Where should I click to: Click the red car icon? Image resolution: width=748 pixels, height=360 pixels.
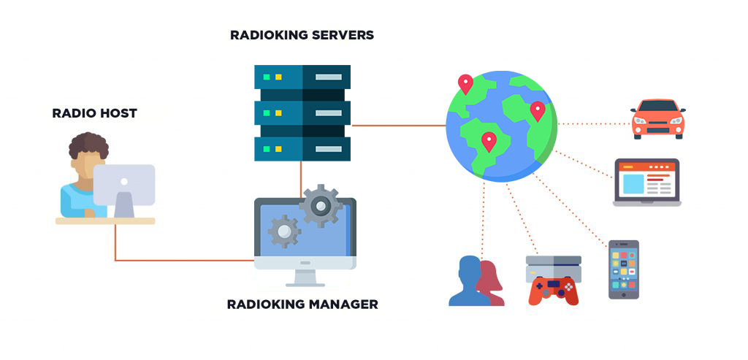(657, 119)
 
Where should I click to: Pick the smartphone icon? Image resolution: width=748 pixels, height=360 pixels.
(623, 269)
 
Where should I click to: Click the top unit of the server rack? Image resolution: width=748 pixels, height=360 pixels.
(302, 77)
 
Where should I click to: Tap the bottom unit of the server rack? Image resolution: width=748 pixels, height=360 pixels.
(302, 149)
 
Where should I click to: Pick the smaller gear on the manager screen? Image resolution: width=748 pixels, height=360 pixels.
(284, 231)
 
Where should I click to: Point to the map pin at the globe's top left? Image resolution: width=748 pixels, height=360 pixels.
(465, 83)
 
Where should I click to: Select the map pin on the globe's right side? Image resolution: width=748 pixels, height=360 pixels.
(537, 110)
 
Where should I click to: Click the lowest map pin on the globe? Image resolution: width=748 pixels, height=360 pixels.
(489, 140)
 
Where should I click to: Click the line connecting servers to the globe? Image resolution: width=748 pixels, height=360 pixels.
(398, 126)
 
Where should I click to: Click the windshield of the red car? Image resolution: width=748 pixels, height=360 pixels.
(657, 107)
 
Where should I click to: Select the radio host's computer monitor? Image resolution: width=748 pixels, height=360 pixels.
(124, 184)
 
